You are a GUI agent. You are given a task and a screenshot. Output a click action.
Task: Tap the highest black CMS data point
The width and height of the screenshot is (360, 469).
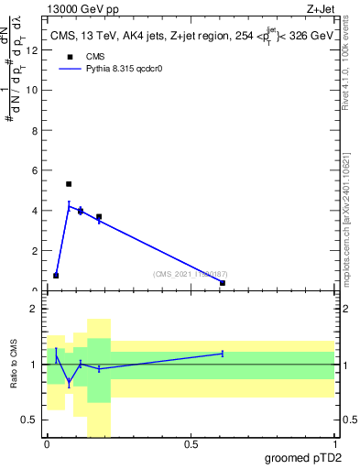pyautogui.click(x=69, y=184)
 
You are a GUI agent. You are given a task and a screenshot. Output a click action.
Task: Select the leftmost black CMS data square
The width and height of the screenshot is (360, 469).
pyautogui.click(x=56, y=275)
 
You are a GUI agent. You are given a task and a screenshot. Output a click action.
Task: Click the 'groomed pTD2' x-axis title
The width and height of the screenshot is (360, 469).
pyautogui.click(x=303, y=457)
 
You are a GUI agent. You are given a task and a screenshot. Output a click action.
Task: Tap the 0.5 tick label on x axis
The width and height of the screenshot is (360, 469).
pyautogui.click(x=191, y=444)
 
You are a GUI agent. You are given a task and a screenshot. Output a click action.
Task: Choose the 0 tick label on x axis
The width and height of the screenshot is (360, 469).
pyautogui.click(x=47, y=444)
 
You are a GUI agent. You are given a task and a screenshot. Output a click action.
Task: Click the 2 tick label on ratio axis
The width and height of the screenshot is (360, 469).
pyautogui.click(x=34, y=310)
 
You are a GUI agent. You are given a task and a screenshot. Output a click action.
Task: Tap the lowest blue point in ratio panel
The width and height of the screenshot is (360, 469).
pyautogui.click(x=69, y=382)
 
